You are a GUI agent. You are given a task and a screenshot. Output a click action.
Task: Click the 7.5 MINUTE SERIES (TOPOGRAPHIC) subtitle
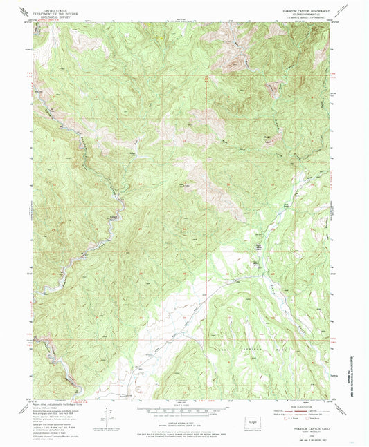(300, 19)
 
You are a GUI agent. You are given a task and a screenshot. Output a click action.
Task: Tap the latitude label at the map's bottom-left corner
(28, 399)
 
